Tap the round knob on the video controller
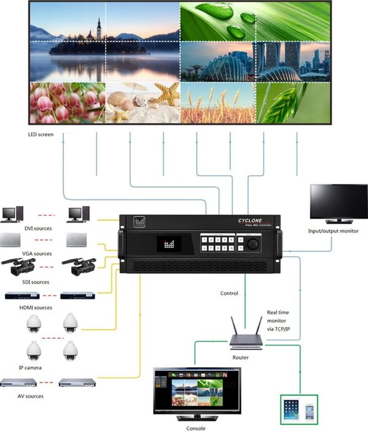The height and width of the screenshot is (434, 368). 253,243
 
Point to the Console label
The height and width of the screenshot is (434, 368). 196,428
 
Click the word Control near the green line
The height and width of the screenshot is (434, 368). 229,294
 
